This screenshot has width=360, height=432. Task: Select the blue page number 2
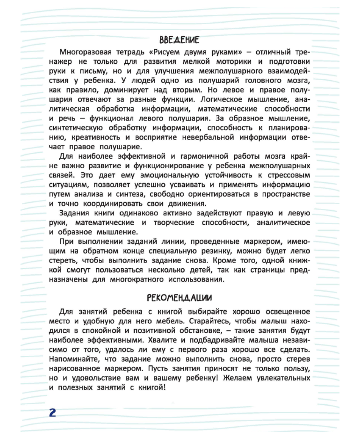[x=53, y=412]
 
